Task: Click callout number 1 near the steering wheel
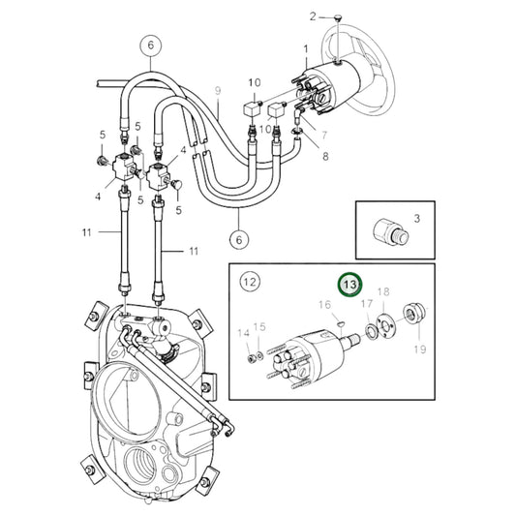[x=306, y=47]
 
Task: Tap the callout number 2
[x=313, y=16]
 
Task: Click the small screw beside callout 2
[x=336, y=17]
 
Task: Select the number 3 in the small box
[x=417, y=219]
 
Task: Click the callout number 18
[x=383, y=291]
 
